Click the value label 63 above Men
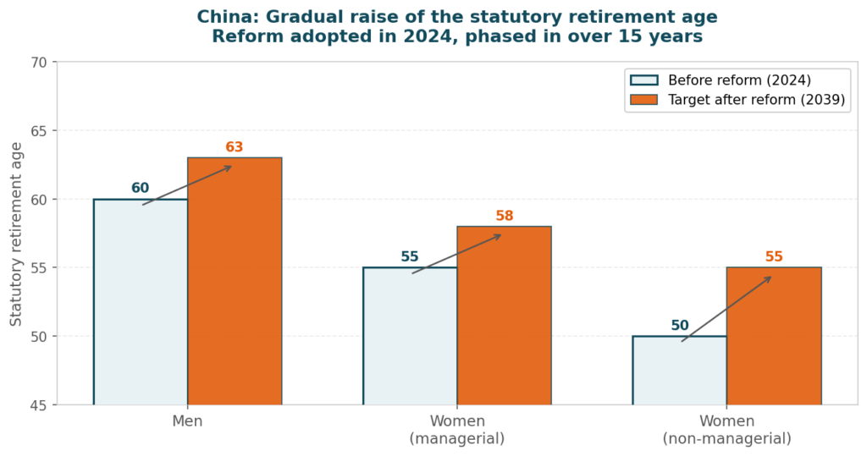pyautogui.click(x=235, y=147)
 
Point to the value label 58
pyautogui.click(x=505, y=216)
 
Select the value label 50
pyautogui.click(x=680, y=326)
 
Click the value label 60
pyautogui.click(x=140, y=188)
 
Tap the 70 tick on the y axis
pyautogui.click(x=39, y=63)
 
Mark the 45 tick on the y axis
pyautogui.click(x=39, y=404)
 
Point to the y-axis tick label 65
pyautogui.click(x=39, y=131)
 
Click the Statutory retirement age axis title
pyautogui.click(x=16, y=233)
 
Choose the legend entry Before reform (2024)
pyautogui.click(x=739, y=80)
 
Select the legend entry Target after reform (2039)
pyautogui.click(x=756, y=100)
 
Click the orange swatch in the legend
pyautogui.click(x=643, y=100)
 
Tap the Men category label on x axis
pyautogui.click(x=187, y=421)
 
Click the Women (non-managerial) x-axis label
pyautogui.click(x=726, y=430)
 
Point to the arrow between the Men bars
pyautogui.click(x=187, y=185)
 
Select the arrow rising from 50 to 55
pyautogui.click(x=726, y=309)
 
